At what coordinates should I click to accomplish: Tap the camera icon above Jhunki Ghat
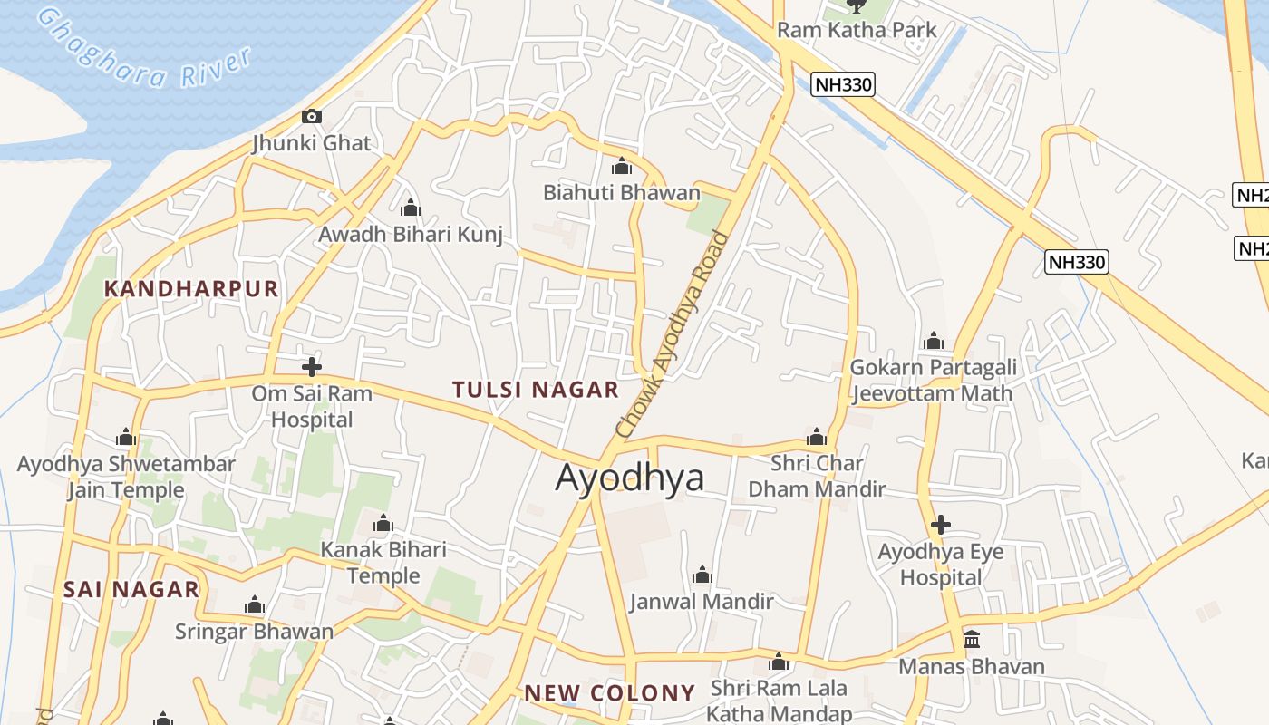click(x=311, y=116)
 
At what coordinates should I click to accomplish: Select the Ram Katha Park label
click(x=857, y=30)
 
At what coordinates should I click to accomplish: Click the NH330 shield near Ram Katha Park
click(x=843, y=85)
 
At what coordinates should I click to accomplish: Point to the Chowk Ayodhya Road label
click(x=672, y=335)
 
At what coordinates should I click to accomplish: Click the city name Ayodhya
click(x=629, y=478)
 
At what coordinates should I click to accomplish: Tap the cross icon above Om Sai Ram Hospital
click(x=311, y=367)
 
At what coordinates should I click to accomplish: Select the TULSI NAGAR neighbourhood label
click(x=535, y=390)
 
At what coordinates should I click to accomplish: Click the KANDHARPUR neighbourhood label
click(x=191, y=289)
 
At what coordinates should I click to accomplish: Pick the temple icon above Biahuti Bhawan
click(x=622, y=167)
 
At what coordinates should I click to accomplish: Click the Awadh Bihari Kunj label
click(x=410, y=235)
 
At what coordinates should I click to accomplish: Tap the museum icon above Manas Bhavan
click(x=972, y=640)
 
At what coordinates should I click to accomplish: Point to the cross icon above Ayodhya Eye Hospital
click(x=941, y=525)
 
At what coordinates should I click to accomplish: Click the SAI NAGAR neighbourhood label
click(x=131, y=589)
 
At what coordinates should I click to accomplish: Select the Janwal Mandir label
click(x=702, y=601)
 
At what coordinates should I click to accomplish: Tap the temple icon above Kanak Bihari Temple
click(x=383, y=524)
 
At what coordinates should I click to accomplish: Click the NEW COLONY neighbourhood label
click(x=609, y=693)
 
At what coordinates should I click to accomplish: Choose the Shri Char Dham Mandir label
click(x=816, y=476)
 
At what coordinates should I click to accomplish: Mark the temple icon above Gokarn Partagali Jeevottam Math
click(x=933, y=342)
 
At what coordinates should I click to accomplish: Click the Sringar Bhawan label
click(x=254, y=631)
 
